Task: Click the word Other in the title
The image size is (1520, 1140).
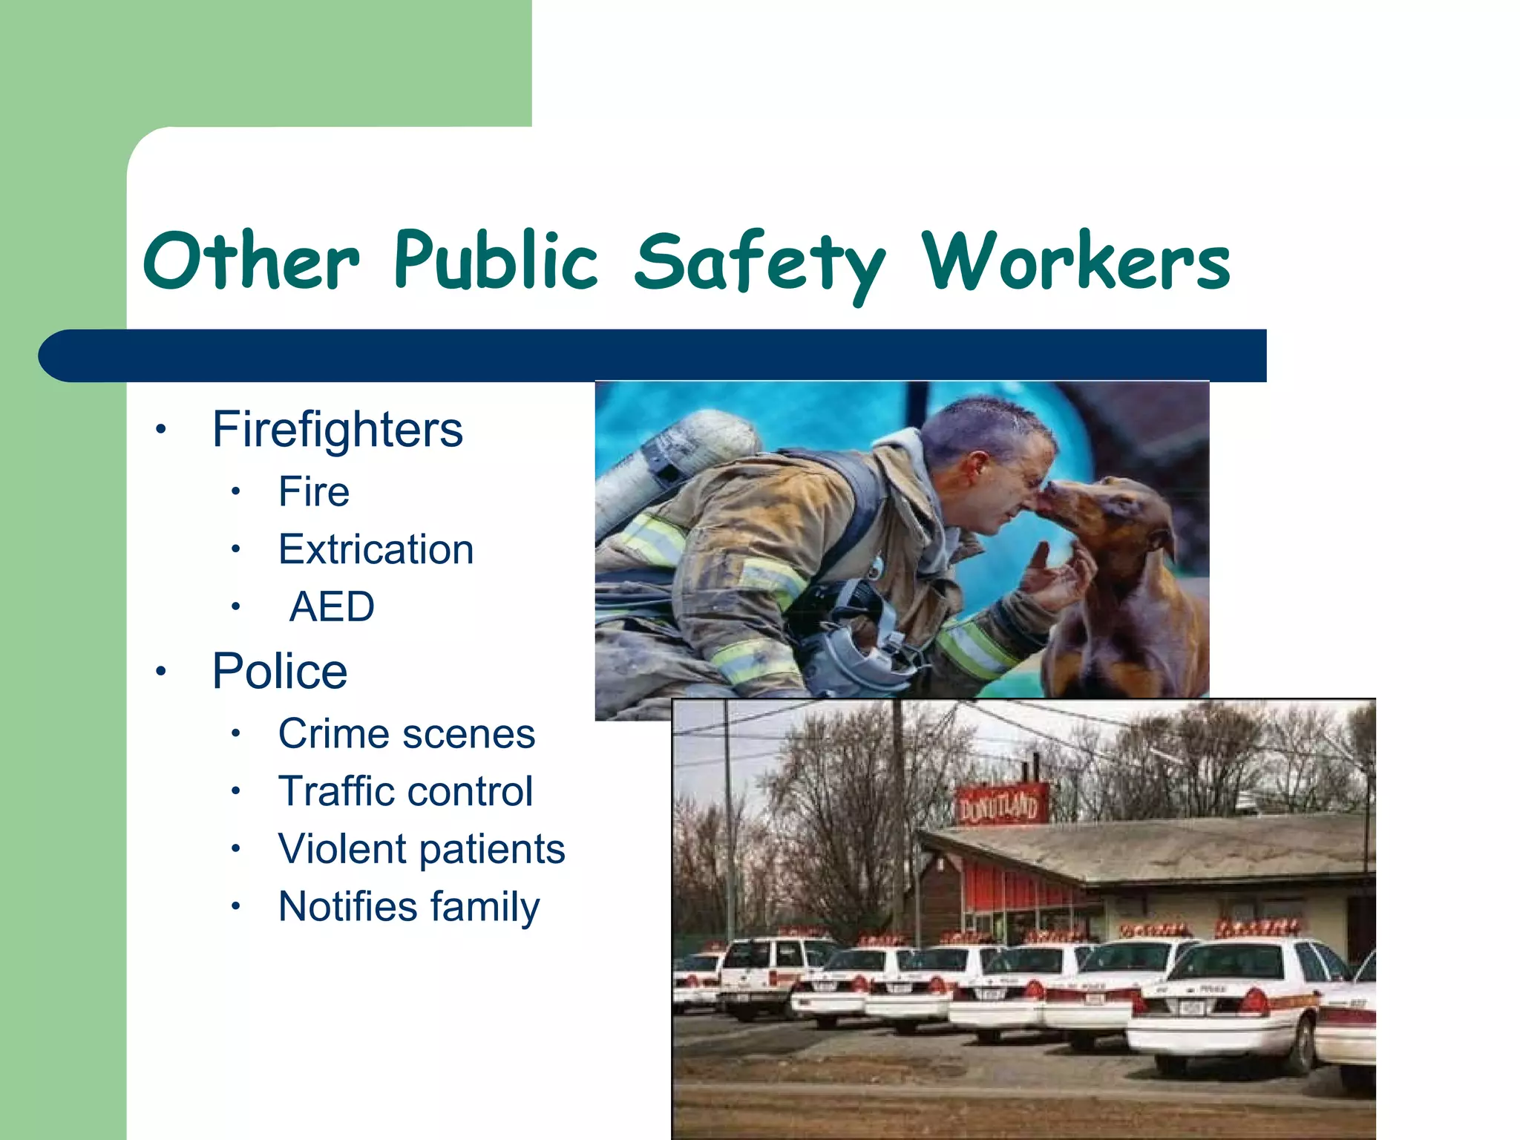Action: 251,261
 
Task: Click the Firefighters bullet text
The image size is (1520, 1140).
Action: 337,430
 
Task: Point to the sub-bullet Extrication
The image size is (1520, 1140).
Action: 376,550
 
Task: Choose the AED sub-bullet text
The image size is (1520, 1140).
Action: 332,607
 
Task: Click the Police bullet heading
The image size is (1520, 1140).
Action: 280,672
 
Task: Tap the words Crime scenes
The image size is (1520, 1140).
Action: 406,734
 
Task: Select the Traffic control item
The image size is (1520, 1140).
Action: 405,791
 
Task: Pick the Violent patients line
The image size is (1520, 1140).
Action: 421,849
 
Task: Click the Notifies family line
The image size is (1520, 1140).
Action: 409,907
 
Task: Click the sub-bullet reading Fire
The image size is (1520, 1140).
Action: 314,492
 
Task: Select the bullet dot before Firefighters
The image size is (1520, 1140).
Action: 160,430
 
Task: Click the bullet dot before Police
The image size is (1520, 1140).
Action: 160,672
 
